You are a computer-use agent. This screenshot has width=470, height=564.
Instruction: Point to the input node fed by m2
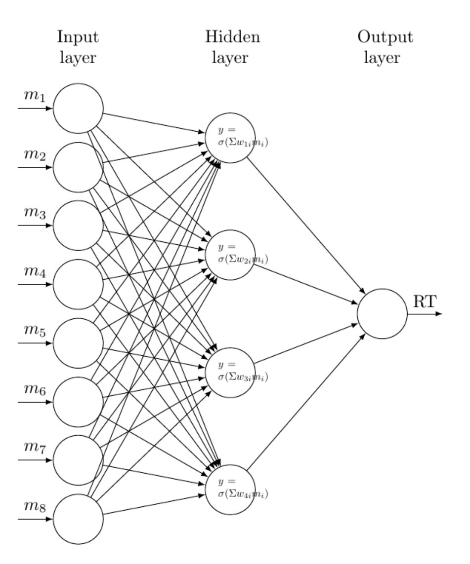coord(78,167)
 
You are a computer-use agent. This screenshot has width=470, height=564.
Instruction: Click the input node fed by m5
coord(78,343)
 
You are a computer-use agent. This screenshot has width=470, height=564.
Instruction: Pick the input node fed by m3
coord(78,226)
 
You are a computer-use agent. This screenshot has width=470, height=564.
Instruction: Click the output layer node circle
coord(383,314)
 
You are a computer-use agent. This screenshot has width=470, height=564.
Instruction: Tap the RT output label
coord(426,301)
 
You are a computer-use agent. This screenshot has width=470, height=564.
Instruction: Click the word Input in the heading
coord(78,37)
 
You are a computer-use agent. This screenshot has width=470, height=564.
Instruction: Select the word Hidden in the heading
coord(233,37)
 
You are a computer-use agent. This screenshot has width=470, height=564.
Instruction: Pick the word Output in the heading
coord(385,37)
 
